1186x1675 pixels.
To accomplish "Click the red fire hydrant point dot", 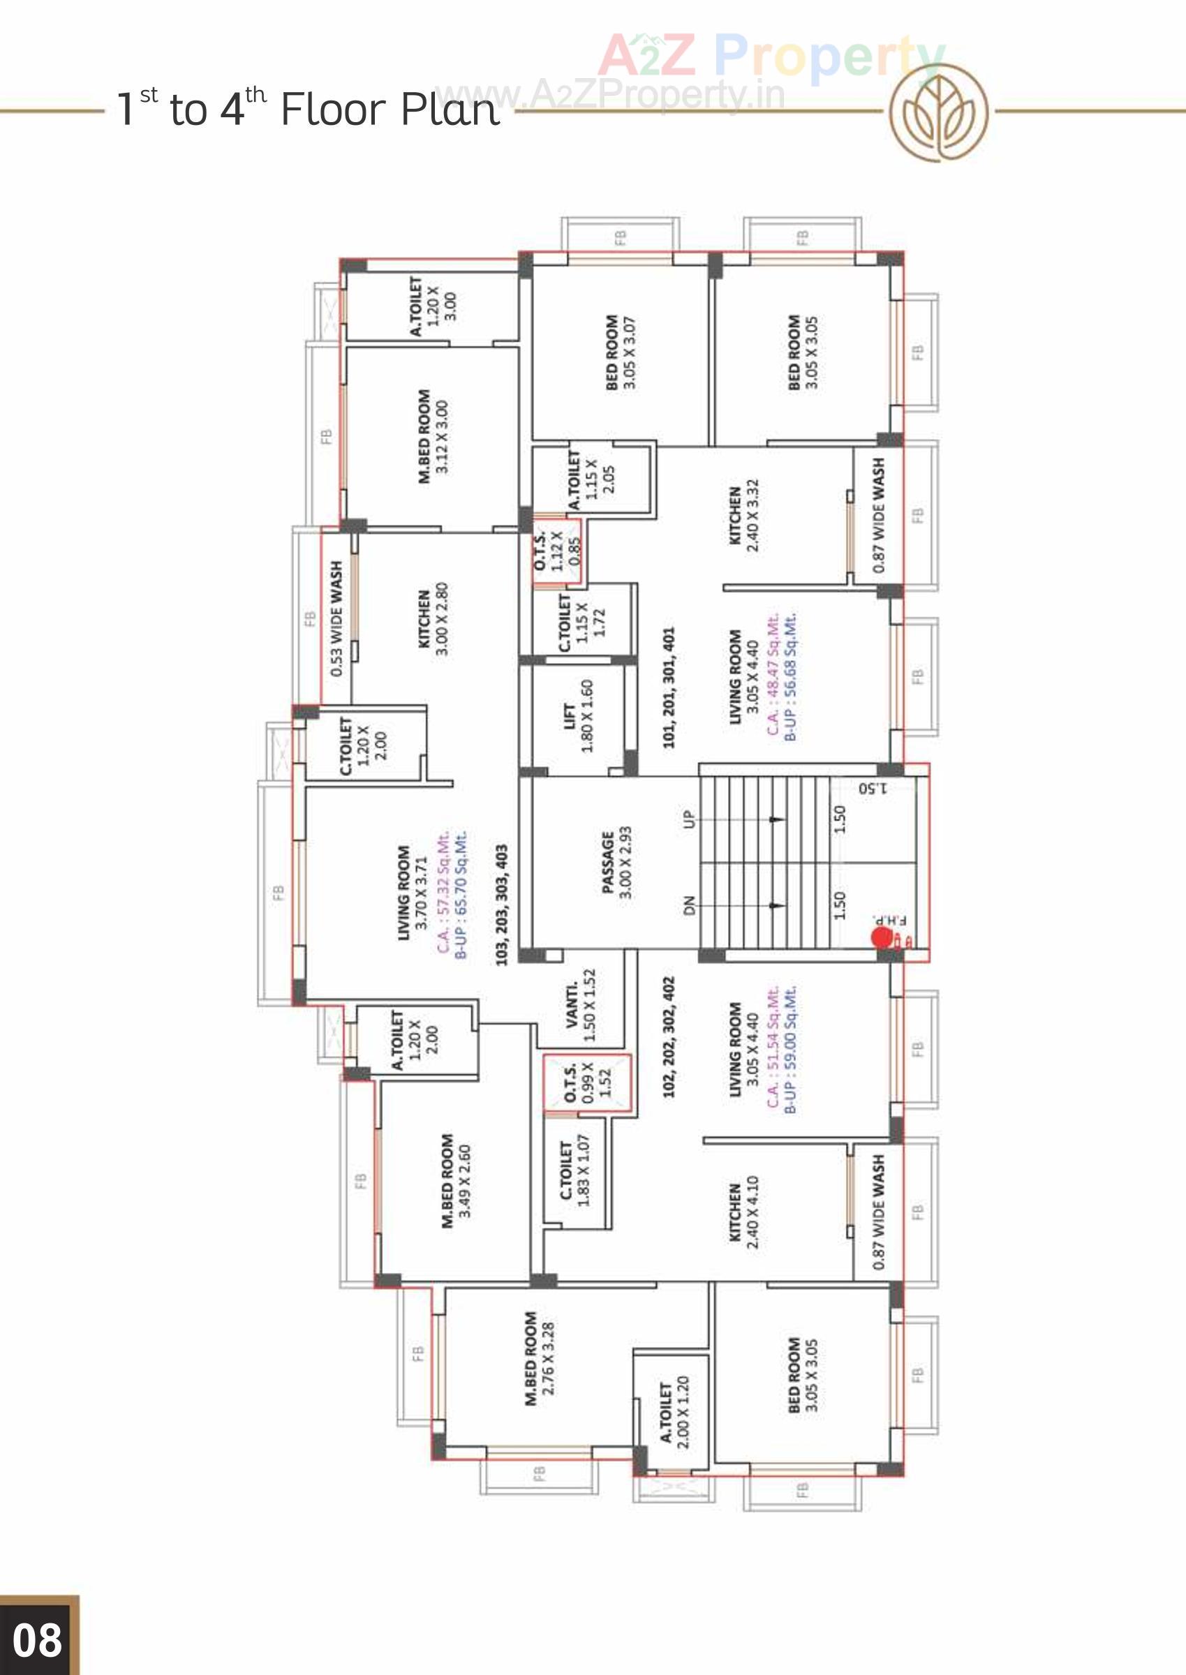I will point(882,937).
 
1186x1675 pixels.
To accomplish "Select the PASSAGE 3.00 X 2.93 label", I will point(616,863).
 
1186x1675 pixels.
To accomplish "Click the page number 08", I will point(37,1640).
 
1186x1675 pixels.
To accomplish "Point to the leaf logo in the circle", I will point(938,112).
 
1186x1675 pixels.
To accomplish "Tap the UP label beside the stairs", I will point(689,819).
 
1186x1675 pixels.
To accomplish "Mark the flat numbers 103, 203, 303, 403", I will point(502,905).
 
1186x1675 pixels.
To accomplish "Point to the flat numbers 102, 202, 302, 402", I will point(669,1037).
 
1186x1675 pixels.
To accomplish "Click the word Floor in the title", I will point(332,110).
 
